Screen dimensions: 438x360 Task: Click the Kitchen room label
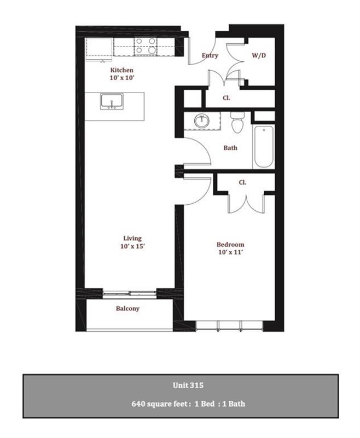click(121, 71)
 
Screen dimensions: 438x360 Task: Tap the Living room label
click(132, 238)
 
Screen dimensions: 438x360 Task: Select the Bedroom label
click(230, 244)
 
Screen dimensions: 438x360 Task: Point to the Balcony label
click(127, 308)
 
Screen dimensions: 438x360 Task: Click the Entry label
click(210, 55)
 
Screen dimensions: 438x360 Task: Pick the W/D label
click(259, 55)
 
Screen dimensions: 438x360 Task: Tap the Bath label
click(230, 148)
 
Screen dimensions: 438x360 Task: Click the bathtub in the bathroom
click(263, 147)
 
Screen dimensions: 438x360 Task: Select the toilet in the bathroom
click(237, 124)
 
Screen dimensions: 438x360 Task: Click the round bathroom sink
click(201, 120)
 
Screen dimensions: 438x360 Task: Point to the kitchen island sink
click(112, 102)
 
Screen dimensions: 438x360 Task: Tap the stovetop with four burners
click(144, 45)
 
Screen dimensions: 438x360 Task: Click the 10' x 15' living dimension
click(132, 246)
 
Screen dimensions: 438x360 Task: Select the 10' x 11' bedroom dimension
click(230, 252)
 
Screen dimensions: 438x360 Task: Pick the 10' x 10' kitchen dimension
click(121, 79)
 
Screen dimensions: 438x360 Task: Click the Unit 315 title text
click(180, 385)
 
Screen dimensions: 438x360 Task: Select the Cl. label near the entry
click(226, 98)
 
